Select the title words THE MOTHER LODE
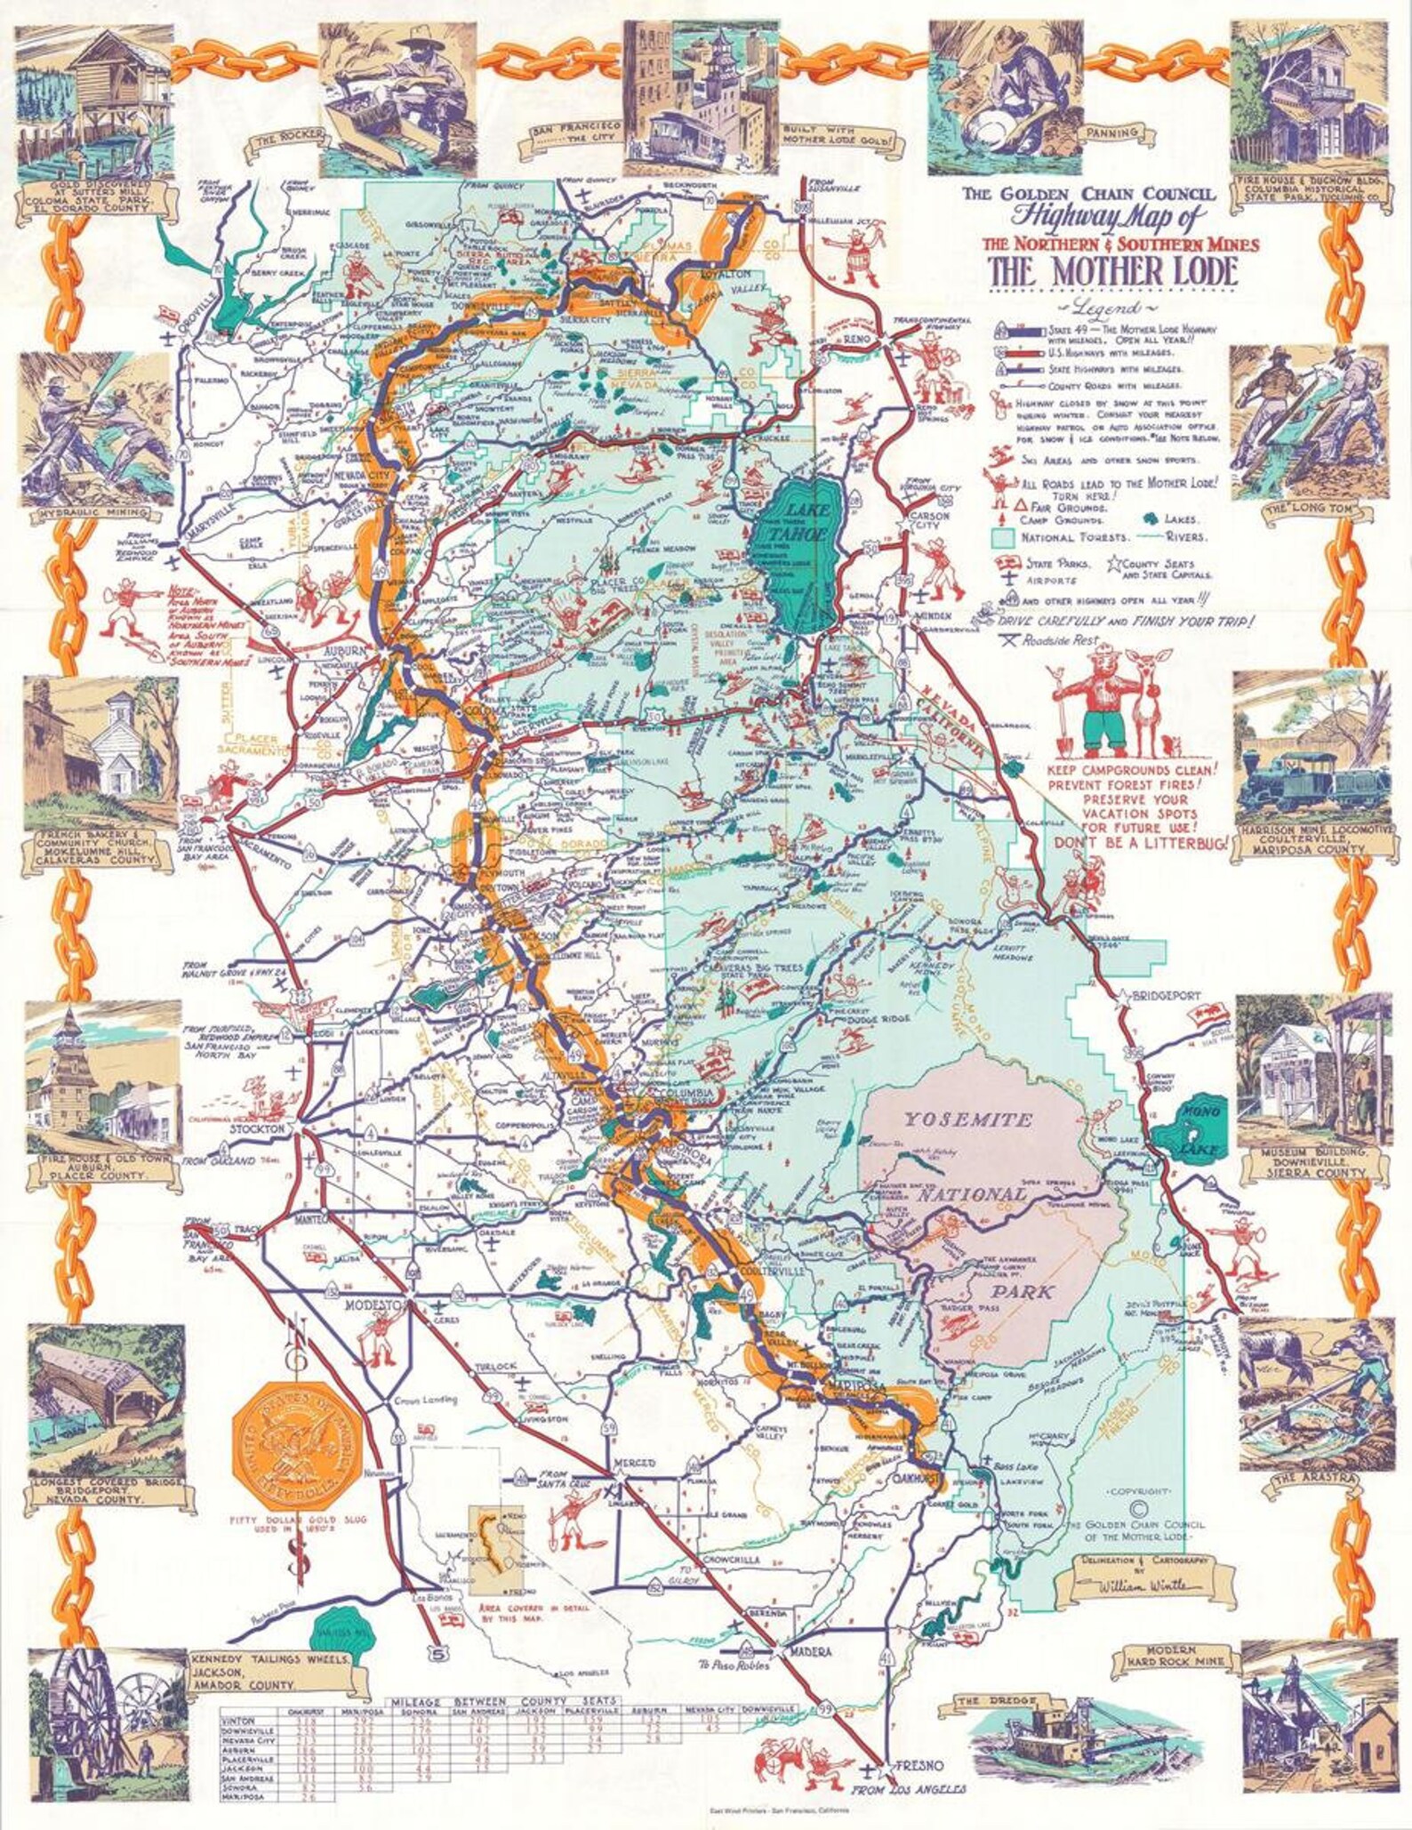click(1112, 271)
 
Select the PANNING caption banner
click(1112, 133)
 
